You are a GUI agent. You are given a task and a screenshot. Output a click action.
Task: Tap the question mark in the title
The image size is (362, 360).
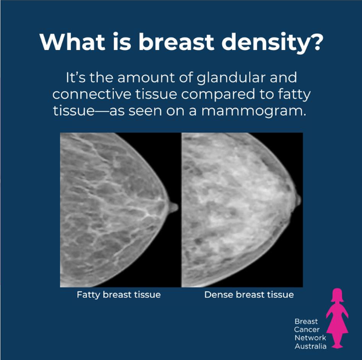315,42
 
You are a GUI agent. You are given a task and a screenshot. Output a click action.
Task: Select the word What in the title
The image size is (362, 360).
72,42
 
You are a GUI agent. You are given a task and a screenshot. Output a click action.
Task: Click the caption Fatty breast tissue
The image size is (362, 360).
119,295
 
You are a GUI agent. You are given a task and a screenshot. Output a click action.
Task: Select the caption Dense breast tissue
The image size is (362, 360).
249,295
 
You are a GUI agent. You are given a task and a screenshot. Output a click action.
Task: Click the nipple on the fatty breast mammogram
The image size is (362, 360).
174,207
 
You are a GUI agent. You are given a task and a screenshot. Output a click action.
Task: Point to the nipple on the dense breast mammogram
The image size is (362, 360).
298,200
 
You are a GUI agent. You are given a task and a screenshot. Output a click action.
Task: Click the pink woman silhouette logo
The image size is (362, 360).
337,318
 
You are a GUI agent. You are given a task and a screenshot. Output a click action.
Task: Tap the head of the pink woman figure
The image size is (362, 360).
337,295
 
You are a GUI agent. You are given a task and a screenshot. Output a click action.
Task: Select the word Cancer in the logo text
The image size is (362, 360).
307,330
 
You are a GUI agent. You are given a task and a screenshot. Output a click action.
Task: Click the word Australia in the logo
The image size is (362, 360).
311,346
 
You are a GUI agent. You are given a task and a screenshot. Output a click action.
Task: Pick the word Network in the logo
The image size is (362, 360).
310,338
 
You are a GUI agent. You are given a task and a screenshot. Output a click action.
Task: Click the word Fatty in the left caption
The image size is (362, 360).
89,295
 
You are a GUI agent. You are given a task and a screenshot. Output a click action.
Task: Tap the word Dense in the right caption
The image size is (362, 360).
218,295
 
